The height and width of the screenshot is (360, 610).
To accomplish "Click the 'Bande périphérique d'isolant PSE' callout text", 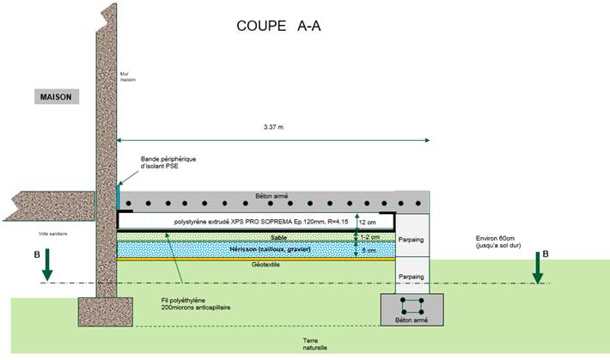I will pyautogui.click(x=168, y=164).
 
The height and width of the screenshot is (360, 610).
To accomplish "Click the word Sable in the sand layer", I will pyautogui.click(x=278, y=237).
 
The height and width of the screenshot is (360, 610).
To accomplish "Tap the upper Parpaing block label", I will pyautogui.click(x=412, y=241).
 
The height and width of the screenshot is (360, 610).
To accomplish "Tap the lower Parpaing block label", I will pyautogui.click(x=412, y=277).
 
